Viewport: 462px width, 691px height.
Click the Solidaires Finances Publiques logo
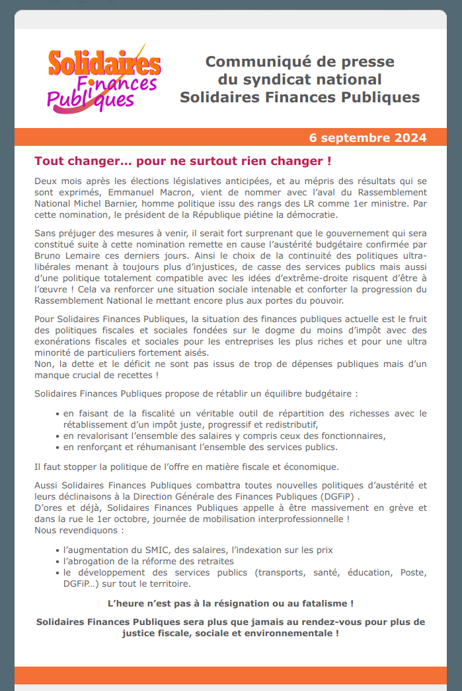coord(104,79)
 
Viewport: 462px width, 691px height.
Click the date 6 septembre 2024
coord(367,138)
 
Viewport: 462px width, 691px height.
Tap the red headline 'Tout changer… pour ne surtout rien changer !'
coord(182,161)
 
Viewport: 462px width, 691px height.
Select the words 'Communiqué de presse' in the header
coord(299,62)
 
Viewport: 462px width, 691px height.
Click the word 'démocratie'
coord(311,214)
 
